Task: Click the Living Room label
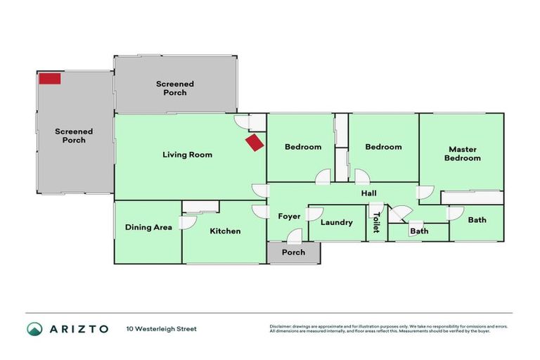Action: click(x=187, y=155)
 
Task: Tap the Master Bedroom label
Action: click(x=463, y=153)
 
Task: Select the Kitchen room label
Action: click(x=225, y=231)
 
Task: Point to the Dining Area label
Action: click(x=148, y=227)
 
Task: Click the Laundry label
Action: click(x=336, y=222)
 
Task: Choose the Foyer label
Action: click(x=289, y=216)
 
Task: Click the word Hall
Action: click(x=369, y=193)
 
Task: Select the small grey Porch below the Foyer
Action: click(x=293, y=252)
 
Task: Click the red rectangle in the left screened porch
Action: click(x=49, y=78)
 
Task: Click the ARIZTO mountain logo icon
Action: click(x=34, y=328)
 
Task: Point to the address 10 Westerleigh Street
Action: click(x=162, y=328)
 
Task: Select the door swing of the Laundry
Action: click(x=315, y=213)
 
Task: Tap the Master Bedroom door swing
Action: click(x=425, y=192)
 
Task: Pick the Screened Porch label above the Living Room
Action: click(x=174, y=88)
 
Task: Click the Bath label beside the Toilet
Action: click(x=419, y=231)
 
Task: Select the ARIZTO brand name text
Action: click(x=78, y=328)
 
